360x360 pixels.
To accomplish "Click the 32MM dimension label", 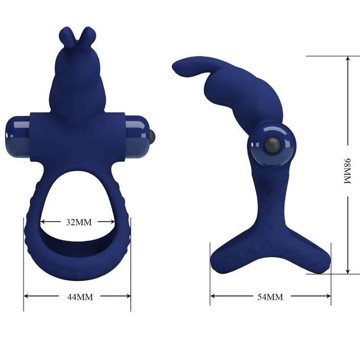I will pyautogui.click(x=77, y=222).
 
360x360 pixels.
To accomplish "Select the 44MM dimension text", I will pyautogui.click(x=77, y=297).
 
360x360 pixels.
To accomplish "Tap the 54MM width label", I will pyautogui.click(x=270, y=297).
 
